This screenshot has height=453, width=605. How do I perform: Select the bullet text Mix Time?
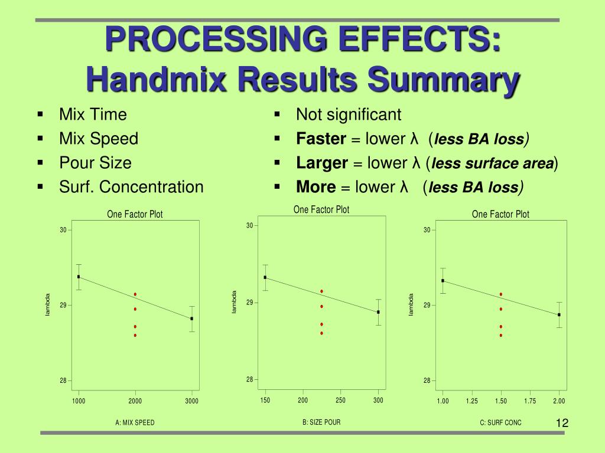click(x=93, y=114)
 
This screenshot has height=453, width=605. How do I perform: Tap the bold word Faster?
click(x=321, y=139)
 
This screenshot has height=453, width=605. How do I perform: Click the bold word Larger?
click(x=322, y=163)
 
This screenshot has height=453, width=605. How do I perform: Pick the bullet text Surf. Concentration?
click(x=131, y=187)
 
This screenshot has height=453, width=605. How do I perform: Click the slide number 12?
click(x=562, y=423)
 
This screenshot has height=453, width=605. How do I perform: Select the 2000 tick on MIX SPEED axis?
click(x=135, y=401)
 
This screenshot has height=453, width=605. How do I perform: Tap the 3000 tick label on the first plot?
click(x=191, y=401)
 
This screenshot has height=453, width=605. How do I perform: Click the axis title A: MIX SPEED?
click(x=135, y=422)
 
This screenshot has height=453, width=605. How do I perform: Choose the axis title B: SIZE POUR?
click(x=321, y=422)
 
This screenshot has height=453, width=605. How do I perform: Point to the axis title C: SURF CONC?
click(x=500, y=422)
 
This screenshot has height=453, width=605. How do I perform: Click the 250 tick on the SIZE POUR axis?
click(x=340, y=400)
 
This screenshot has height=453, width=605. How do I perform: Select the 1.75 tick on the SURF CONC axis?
click(x=530, y=401)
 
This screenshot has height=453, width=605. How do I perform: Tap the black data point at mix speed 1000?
click(x=79, y=277)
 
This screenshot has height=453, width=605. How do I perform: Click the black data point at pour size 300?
click(x=378, y=312)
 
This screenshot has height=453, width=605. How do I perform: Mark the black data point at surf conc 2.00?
click(x=559, y=314)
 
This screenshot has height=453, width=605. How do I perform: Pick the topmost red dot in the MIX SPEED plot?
click(x=135, y=294)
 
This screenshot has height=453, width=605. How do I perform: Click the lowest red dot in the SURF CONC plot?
click(x=500, y=335)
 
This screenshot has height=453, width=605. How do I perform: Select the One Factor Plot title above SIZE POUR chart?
click(x=321, y=209)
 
